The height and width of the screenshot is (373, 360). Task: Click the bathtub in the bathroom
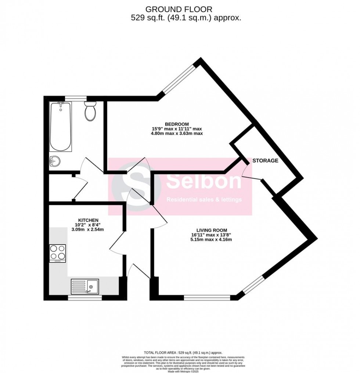point(60,127)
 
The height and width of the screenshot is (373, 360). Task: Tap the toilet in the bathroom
point(90,111)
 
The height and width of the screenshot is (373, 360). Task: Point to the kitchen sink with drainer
point(85,286)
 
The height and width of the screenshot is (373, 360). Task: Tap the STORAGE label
point(265,161)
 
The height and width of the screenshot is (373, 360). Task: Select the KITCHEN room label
point(87,220)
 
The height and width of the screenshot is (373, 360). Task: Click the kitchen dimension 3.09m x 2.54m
point(87,230)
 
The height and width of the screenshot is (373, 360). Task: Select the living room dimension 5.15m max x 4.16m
point(211,240)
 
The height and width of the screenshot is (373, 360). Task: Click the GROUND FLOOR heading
point(179,9)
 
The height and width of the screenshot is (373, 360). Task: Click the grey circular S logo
point(130,184)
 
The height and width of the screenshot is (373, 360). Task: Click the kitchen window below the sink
point(85,297)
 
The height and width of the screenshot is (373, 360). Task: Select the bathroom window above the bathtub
point(76,98)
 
